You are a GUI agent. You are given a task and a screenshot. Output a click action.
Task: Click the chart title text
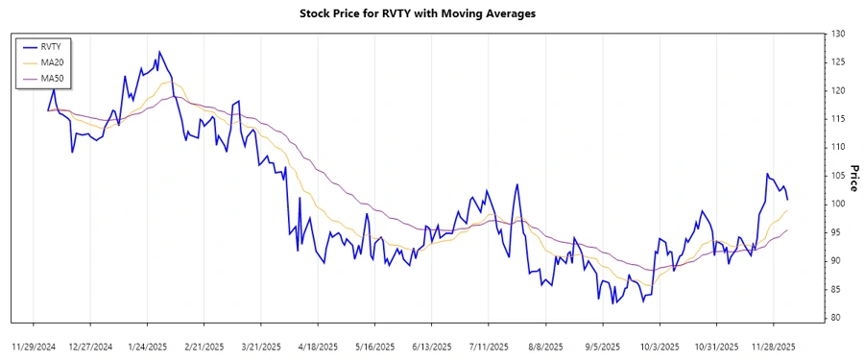point(431,13)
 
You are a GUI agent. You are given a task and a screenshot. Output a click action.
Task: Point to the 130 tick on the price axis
point(837,35)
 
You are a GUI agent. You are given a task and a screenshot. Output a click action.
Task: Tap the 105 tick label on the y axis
point(837,176)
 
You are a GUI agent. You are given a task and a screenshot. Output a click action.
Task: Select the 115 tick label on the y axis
point(837,119)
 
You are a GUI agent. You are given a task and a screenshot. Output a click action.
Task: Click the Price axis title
point(852,176)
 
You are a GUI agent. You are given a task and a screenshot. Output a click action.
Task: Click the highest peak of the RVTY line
point(158,52)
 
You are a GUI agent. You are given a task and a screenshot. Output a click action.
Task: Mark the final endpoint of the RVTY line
point(787,199)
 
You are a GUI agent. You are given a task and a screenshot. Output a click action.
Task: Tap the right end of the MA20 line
point(787,210)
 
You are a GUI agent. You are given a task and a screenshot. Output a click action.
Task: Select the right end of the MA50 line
point(787,230)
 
